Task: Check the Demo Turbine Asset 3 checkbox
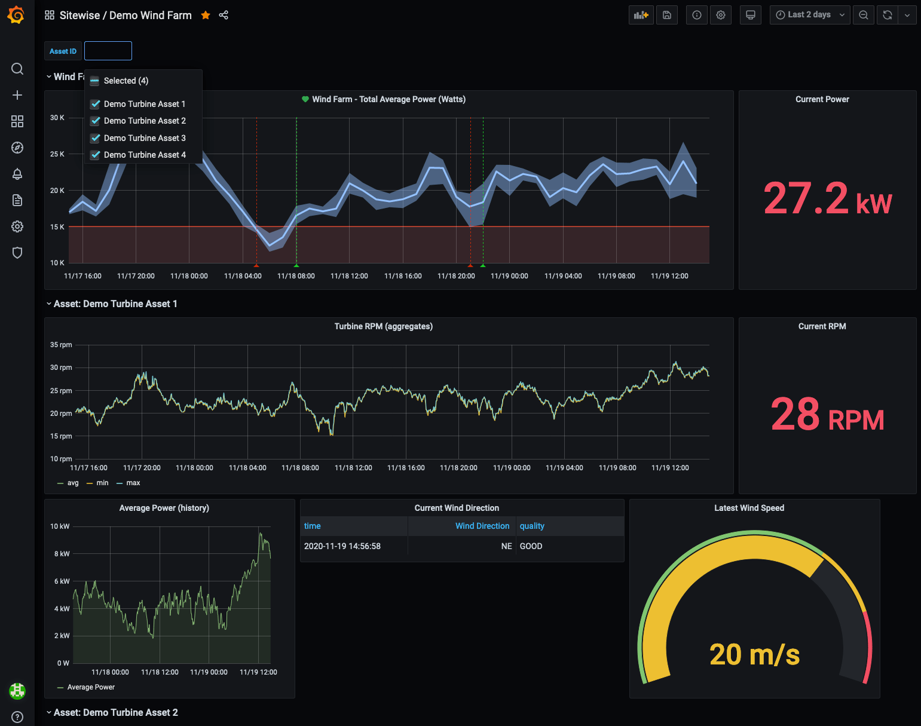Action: click(95, 138)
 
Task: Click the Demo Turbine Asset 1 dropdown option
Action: click(144, 104)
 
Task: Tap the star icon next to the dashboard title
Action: click(206, 16)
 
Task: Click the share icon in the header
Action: click(224, 16)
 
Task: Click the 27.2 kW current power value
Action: click(827, 199)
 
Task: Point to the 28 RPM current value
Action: click(827, 414)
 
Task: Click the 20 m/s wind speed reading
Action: click(754, 654)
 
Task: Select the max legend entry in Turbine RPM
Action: click(133, 483)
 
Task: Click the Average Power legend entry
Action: click(91, 687)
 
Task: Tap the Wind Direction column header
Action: click(482, 526)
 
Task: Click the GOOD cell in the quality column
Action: click(531, 546)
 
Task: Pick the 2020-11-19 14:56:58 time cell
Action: click(342, 546)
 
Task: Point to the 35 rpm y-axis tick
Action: click(61, 345)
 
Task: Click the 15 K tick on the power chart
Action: click(57, 227)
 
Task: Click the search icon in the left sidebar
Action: click(17, 69)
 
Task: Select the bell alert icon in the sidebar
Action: click(17, 174)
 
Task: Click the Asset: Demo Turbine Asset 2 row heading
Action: click(115, 712)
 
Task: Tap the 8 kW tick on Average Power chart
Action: click(62, 554)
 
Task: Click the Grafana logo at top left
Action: click(17, 15)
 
